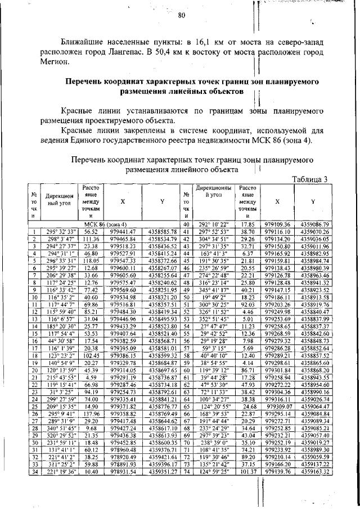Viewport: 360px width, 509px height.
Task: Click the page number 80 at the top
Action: click(182, 15)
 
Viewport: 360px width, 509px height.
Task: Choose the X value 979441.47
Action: click(122, 231)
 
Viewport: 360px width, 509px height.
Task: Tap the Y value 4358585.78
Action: click(161, 231)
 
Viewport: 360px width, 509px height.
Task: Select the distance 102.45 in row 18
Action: click(91, 355)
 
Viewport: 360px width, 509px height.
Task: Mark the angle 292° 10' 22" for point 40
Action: click(214, 224)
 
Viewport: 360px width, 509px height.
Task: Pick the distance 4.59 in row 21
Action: click(91, 377)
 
